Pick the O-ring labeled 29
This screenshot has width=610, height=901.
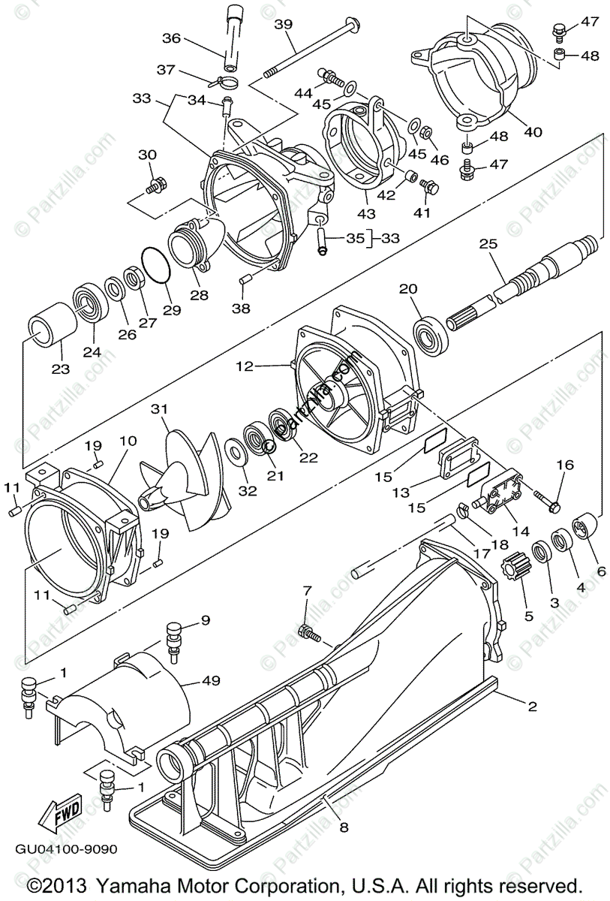pos(155,266)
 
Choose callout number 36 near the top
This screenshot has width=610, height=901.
pos(171,38)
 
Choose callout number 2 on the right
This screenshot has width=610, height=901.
pos(532,706)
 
